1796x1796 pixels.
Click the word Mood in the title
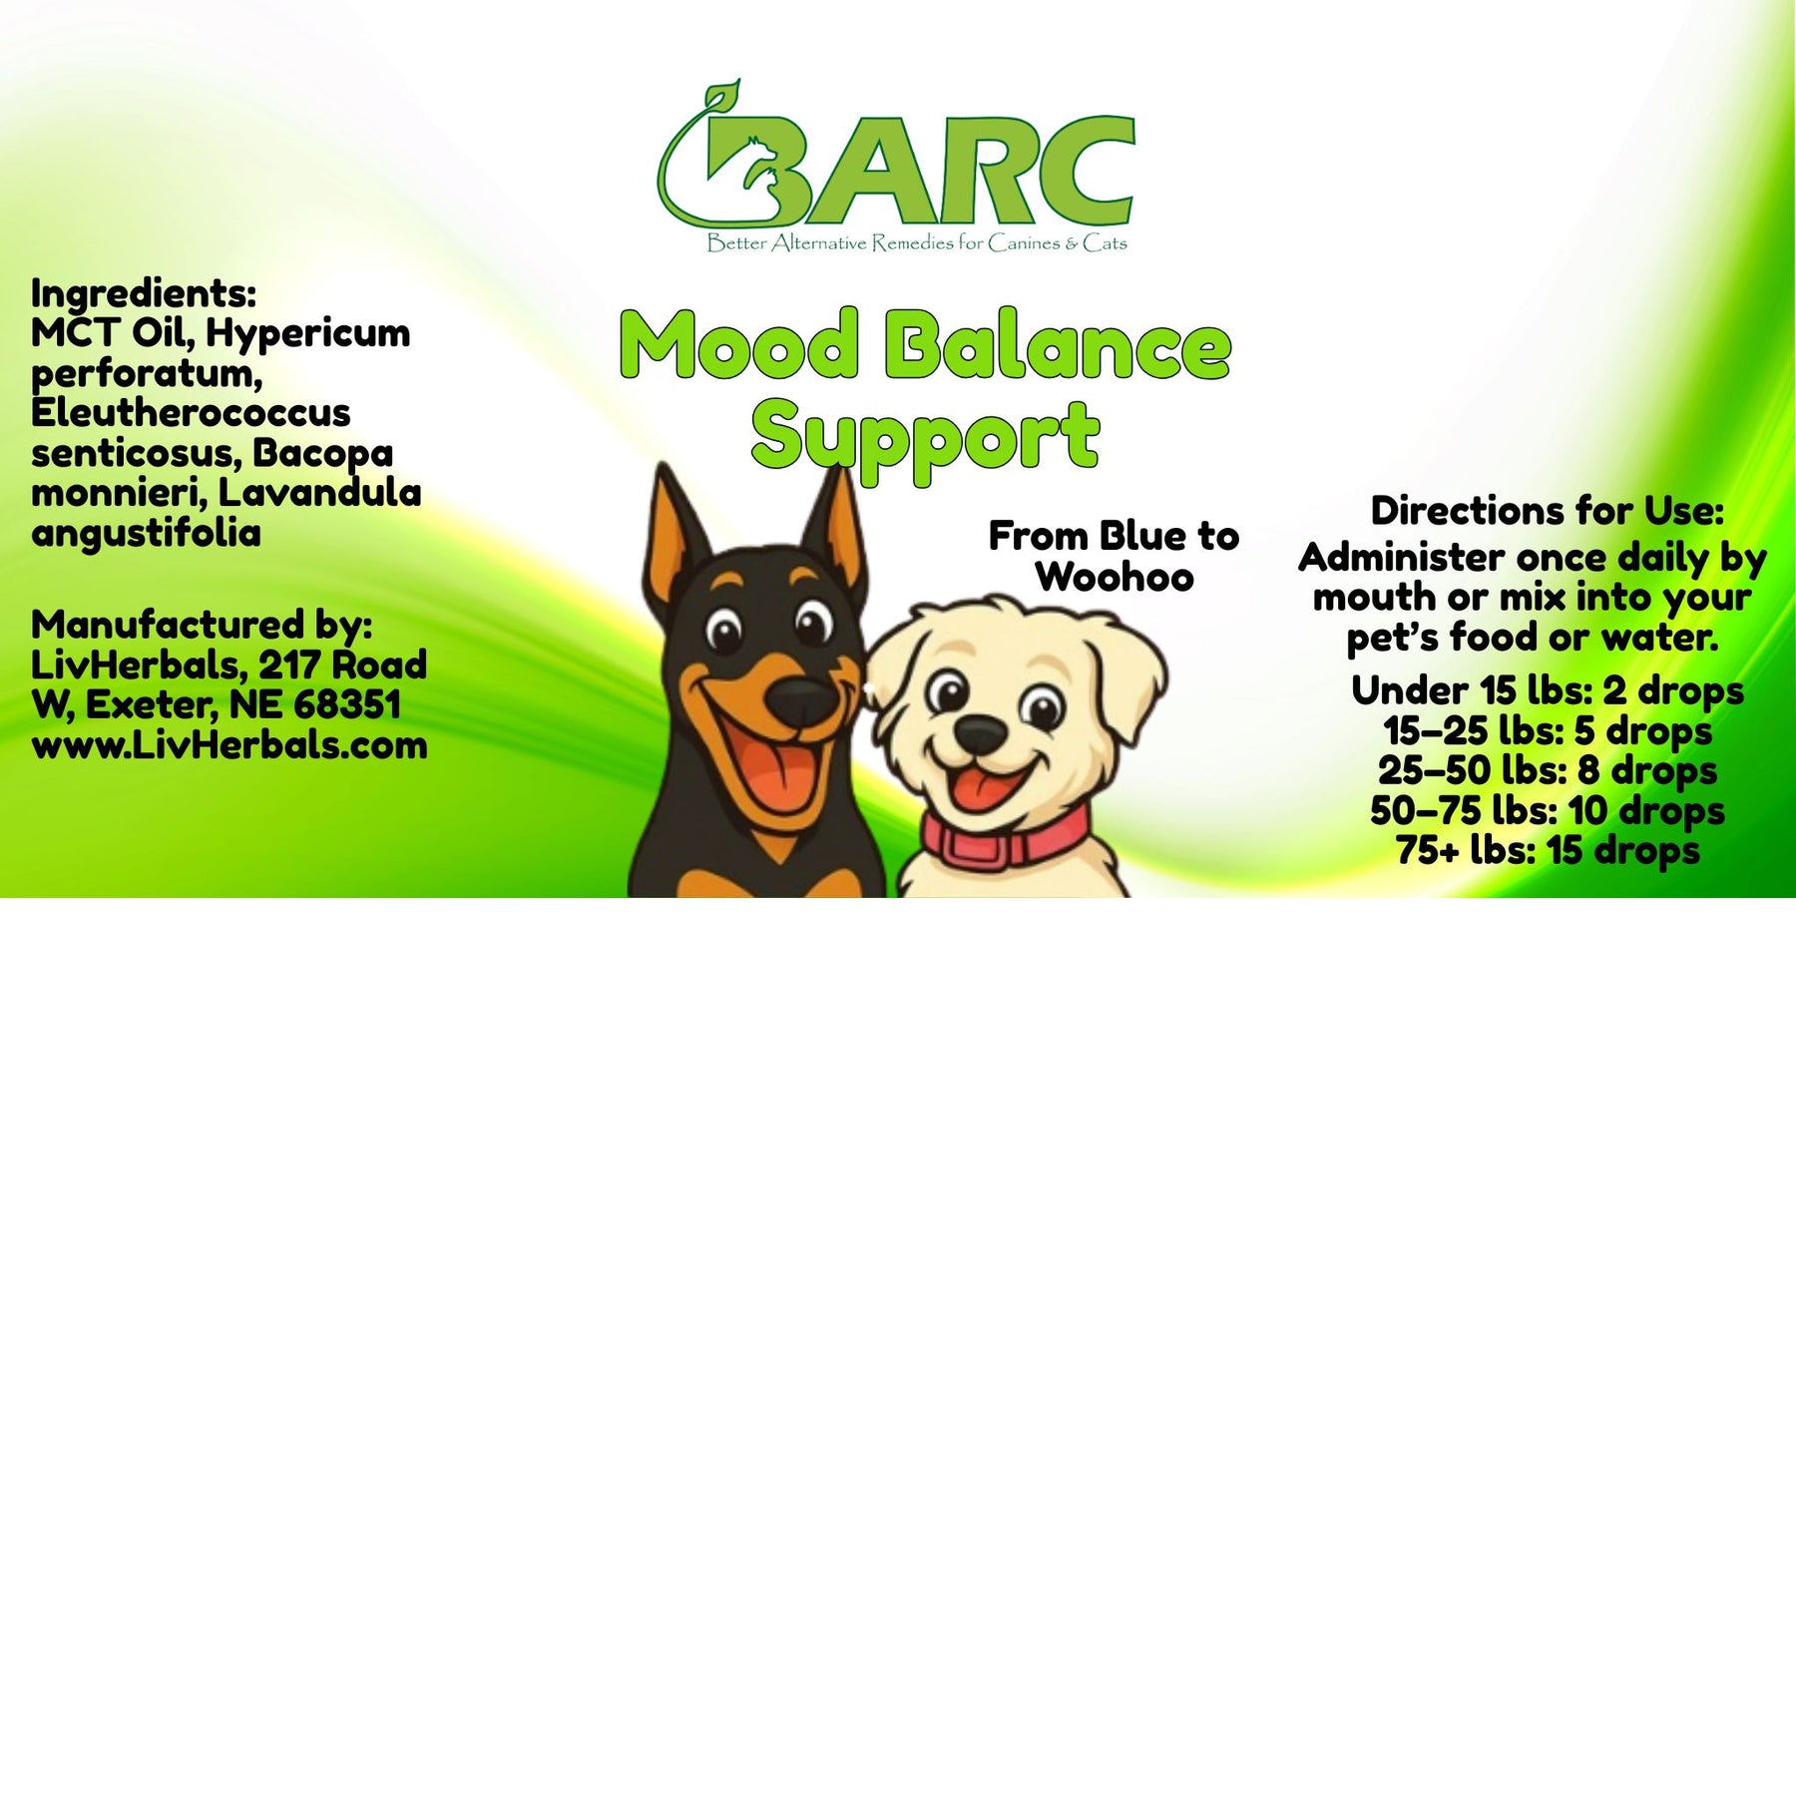coord(739,344)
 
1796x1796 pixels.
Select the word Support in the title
coord(925,439)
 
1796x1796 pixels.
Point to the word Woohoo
coord(1115,577)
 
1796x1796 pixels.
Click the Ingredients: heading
coord(144,295)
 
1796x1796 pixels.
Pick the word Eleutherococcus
coord(191,412)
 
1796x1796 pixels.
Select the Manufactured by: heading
coord(202,626)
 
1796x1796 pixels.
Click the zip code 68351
coord(347,704)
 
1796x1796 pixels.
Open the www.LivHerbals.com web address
coord(229,745)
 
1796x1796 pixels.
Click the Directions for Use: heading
coord(1548,511)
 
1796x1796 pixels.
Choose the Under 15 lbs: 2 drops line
coord(1548,691)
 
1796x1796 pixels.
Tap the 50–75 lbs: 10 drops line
coord(1548,811)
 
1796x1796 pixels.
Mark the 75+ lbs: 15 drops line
coord(1548,851)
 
